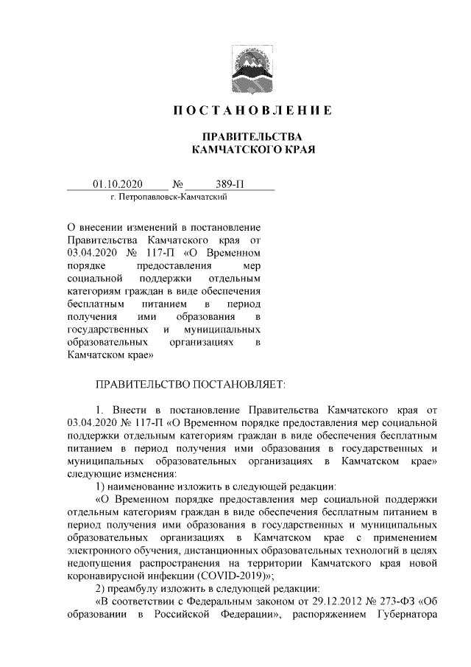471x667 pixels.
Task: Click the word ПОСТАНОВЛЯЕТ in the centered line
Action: pos(238,384)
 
